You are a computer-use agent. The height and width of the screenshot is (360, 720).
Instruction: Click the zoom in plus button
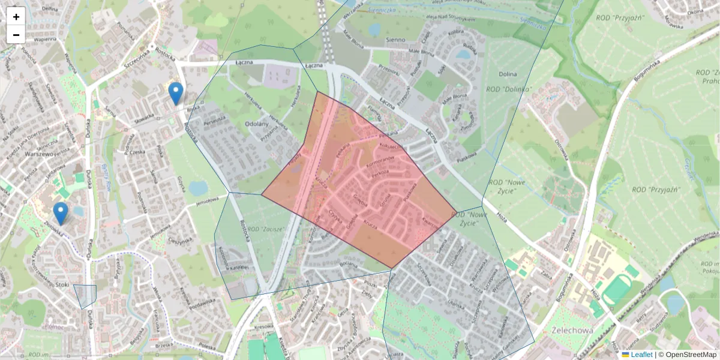click(16, 17)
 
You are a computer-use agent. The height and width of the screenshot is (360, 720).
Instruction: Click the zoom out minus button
click(16, 35)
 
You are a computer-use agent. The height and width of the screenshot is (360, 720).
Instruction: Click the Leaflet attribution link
click(641, 355)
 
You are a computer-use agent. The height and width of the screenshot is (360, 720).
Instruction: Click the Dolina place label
click(508, 74)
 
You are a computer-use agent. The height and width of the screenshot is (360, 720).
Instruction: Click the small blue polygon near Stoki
click(86, 295)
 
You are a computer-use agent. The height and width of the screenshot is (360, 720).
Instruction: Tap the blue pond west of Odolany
click(197, 188)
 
